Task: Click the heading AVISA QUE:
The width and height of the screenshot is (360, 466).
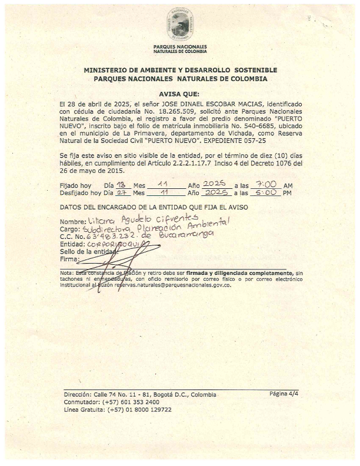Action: (x=179, y=94)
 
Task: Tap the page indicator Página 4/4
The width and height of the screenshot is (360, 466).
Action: (x=284, y=393)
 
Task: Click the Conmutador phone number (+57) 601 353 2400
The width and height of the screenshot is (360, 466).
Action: (x=130, y=402)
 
